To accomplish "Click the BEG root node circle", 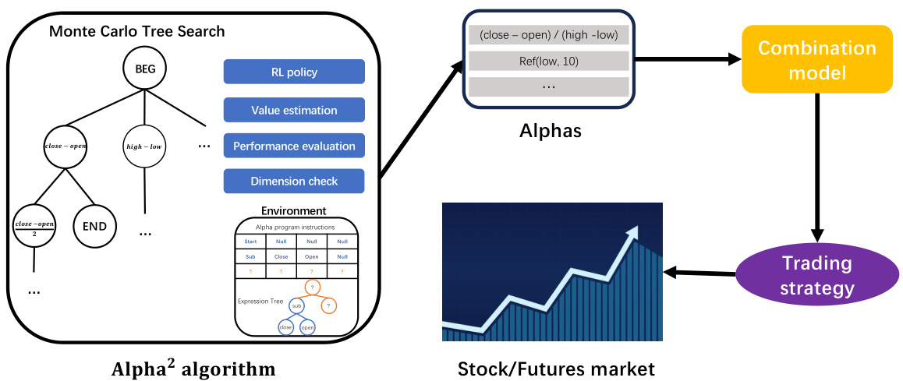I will [145, 69].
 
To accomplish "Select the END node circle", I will [94, 228].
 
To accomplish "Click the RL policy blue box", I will [294, 72].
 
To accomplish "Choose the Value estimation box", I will [294, 110].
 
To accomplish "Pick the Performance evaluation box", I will [294, 146].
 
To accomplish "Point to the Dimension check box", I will [294, 182].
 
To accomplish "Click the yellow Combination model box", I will [816, 59].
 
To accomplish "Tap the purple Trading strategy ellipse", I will [817, 277].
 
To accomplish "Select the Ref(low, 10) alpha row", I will [548, 61].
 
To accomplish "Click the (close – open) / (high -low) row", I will [548, 35].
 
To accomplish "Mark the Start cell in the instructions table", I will [250, 242].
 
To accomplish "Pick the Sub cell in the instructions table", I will [250, 256].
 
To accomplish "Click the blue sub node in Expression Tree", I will [296, 308].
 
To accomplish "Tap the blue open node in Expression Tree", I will [307, 328].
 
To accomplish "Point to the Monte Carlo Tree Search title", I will [136, 32].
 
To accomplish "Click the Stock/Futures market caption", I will [556, 369].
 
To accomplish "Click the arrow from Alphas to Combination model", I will [686, 59].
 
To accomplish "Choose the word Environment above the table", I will [294, 211].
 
